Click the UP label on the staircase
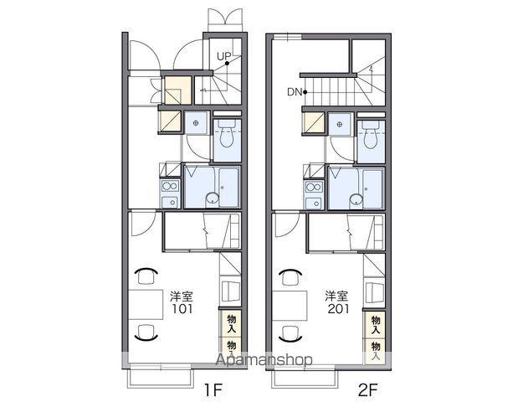tap(223, 56)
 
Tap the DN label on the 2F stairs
tap(295, 92)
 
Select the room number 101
tap(182, 309)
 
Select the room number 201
tap(338, 309)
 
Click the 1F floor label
tap(213, 390)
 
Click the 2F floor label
tap(367, 390)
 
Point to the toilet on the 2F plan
tap(370, 135)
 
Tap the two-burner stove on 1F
tap(171, 186)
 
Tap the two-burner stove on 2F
tap(315, 187)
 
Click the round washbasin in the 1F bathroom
tap(212, 198)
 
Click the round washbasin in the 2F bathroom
tap(356, 199)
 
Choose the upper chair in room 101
tap(147, 276)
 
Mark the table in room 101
tap(146, 305)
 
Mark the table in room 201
tap(290, 306)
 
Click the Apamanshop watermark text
tap(264, 360)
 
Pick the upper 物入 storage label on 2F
tap(375, 324)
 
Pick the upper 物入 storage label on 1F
tap(231, 323)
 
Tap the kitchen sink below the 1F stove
tap(171, 202)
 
